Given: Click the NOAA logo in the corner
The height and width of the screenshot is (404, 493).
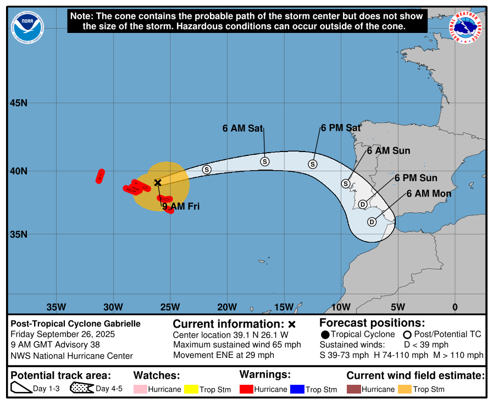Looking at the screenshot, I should (x=28, y=26).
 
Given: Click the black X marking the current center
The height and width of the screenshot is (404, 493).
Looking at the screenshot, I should (x=158, y=182).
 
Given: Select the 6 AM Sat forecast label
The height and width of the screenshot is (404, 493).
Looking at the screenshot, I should (x=242, y=128).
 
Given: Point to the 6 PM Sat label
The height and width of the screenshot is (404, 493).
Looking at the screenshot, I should (x=340, y=128).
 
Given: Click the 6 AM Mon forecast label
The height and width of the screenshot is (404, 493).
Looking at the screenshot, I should (x=429, y=194).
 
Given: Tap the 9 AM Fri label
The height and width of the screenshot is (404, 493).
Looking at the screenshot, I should (x=180, y=207).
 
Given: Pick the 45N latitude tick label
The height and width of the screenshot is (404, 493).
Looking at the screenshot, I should (x=19, y=103).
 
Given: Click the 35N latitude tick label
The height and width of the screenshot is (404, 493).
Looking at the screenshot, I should (x=19, y=234).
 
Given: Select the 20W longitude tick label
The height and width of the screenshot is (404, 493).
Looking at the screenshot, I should (x=227, y=307).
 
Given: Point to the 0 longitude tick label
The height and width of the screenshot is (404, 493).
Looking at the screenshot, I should (x=455, y=307).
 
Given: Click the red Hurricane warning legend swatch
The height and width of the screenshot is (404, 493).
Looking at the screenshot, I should (x=246, y=389).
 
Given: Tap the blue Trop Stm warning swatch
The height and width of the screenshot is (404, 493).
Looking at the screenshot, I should (x=297, y=389).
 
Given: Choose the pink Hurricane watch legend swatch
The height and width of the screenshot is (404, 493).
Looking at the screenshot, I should (x=140, y=389).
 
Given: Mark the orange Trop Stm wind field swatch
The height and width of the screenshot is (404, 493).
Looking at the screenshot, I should (x=405, y=389).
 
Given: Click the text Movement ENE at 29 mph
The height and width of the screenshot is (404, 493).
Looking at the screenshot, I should (x=223, y=355).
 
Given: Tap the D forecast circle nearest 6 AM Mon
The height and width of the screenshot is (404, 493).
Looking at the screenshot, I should (x=372, y=222).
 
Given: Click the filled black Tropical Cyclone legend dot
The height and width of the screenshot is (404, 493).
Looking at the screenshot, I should (x=325, y=334).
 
